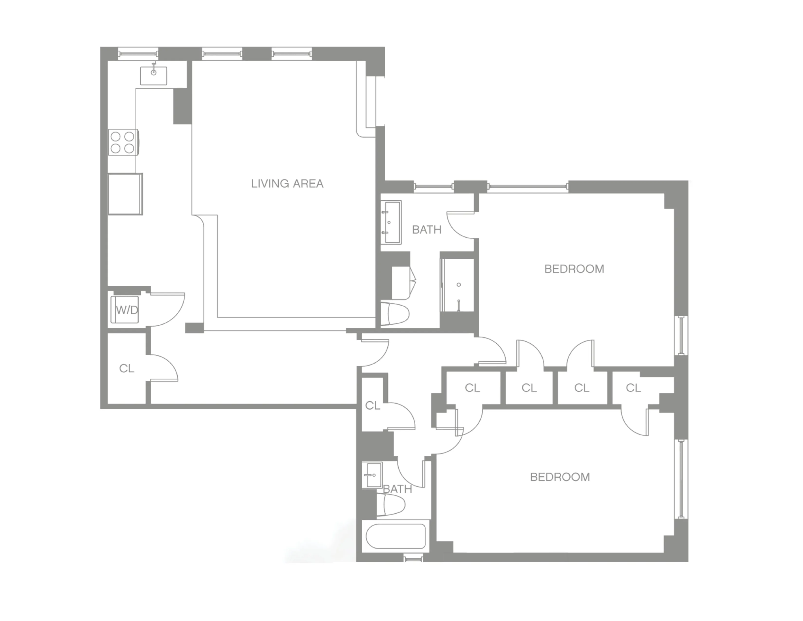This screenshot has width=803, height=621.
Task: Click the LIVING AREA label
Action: (x=287, y=184)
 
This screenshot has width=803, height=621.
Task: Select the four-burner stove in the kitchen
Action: (x=123, y=142)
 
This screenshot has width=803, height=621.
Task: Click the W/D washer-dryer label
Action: (x=127, y=310)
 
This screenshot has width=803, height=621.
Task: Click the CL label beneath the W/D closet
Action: (x=127, y=368)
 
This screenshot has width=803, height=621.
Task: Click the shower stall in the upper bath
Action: (x=458, y=285)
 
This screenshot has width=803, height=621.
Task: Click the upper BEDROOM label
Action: (x=574, y=269)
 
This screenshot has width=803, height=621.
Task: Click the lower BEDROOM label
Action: (x=560, y=477)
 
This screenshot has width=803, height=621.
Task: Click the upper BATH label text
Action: (x=427, y=230)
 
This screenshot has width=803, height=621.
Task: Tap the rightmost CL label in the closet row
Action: (x=633, y=388)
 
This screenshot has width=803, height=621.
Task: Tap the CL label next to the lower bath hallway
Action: (x=373, y=405)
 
